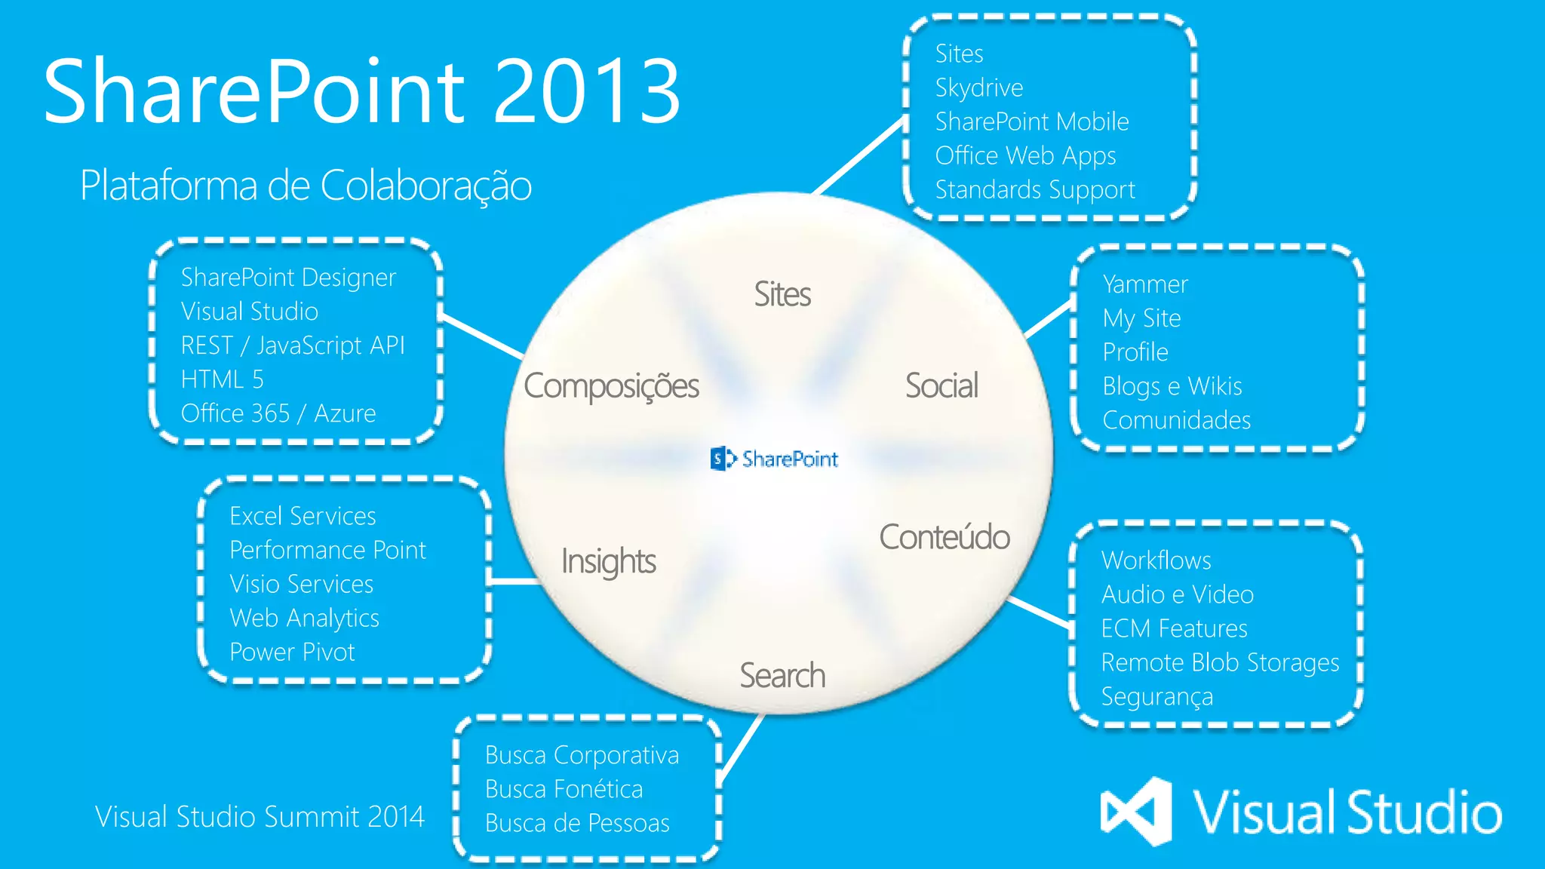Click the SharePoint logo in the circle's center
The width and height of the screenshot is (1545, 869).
[774, 459]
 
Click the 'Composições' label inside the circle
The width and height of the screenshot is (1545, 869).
[611, 386]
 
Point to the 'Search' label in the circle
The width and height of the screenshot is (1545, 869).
[782, 675]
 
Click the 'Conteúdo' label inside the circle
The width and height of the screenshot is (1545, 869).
[944, 537]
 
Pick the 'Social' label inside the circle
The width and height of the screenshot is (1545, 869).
[941, 385]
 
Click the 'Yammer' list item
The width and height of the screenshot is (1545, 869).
[1144, 284]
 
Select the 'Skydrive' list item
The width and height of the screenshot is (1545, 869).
[978, 88]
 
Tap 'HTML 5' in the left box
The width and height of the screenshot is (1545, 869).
[222, 379]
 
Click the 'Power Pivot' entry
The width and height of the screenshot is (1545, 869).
[292, 652]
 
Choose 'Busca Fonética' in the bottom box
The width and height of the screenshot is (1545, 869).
[564, 789]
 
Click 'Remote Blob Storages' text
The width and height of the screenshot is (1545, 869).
[1219, 662]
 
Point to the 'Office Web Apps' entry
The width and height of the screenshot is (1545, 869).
[1025, 156]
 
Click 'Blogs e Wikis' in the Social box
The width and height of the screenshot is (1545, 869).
[1172, 386]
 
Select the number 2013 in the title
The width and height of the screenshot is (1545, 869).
[587, 91]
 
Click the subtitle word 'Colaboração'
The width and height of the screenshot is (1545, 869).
[425, 186]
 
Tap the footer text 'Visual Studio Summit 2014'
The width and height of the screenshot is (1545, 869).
[260, 817]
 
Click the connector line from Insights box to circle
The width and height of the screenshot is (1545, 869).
[514, 582]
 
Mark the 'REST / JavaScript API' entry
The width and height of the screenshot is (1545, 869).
[293, 345]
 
